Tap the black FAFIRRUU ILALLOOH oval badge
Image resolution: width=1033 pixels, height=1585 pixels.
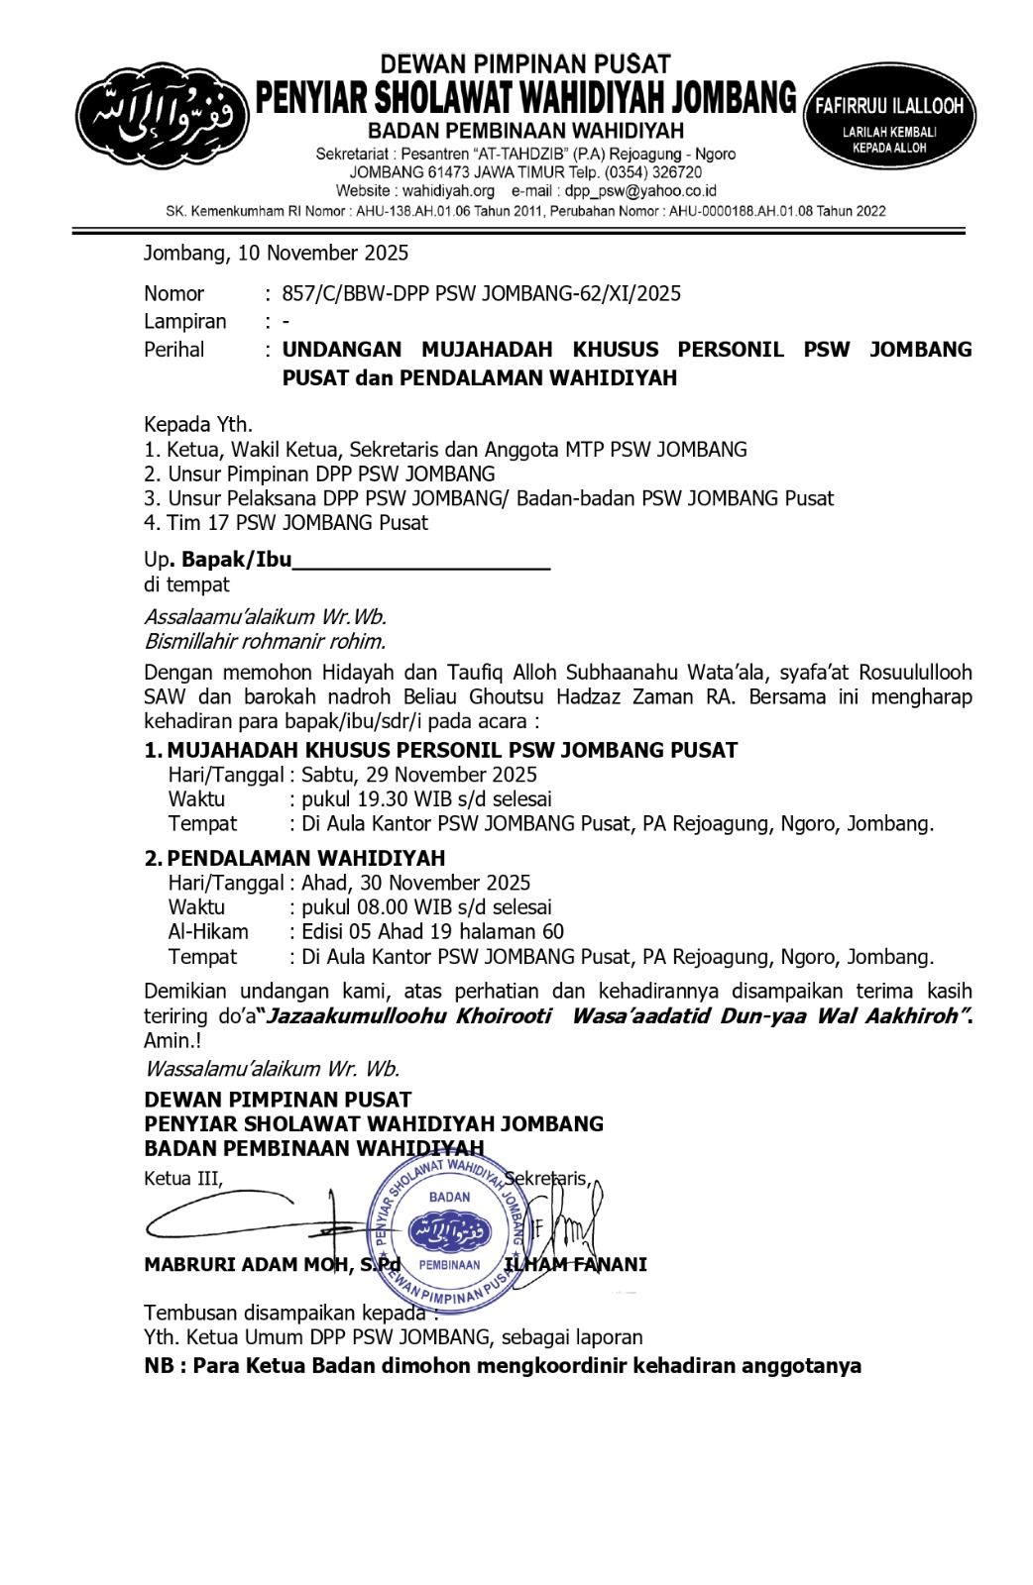tap(889, 116)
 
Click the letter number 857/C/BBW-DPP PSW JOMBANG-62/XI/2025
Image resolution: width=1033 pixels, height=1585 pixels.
tap(481, 293)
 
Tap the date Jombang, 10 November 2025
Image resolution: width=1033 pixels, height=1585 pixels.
tap(276, 254)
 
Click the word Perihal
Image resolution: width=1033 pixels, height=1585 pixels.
tap(174, 350)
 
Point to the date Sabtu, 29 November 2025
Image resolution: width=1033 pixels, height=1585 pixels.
tap(419, 775)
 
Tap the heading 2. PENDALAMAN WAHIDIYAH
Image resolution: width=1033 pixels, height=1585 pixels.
tap(295, 858)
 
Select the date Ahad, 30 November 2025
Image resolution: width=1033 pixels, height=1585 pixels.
tap(416, 883)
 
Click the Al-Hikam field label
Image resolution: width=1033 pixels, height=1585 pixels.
tap(208, 931)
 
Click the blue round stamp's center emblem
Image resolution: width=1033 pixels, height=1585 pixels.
tap(449, 1231)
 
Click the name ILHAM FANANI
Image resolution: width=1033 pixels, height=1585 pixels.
tap(576, 1265)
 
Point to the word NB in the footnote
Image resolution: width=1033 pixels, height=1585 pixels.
tap(160, 1366)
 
